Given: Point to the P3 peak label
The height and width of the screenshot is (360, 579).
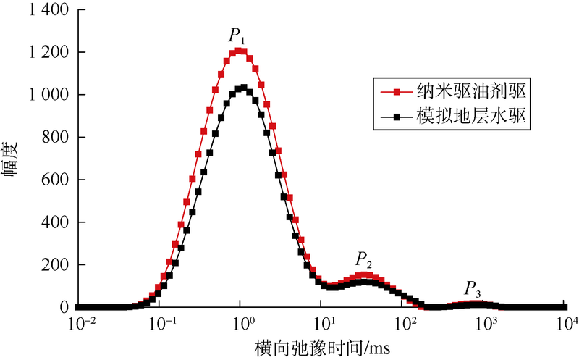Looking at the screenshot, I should click(473, 288).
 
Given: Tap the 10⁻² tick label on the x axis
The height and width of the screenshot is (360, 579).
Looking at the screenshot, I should click(80, 323).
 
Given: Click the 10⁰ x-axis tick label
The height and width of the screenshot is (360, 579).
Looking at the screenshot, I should click(243, 323).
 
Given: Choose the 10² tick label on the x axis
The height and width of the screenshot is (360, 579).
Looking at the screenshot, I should click(406, 323).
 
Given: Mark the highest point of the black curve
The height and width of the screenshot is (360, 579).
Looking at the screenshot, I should click(244, 88).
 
